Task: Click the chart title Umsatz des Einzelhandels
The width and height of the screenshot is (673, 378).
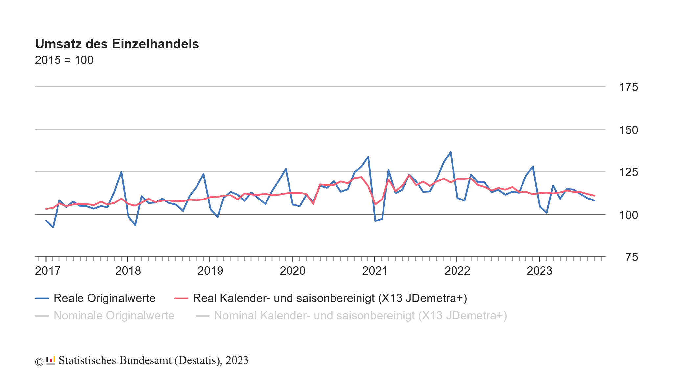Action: [117, 44]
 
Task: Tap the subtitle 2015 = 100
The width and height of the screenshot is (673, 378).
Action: [64, 60]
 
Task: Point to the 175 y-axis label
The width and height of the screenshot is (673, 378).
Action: [628, 87]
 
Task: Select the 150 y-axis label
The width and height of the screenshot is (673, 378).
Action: [628, 130]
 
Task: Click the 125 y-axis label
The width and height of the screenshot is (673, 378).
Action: [628, 172]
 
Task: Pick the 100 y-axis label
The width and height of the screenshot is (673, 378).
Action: [628, 215]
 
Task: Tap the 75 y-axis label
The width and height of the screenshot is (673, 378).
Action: [631, 257]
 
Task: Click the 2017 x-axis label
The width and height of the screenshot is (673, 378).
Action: [48, 271]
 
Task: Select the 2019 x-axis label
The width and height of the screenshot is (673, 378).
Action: [210, 271]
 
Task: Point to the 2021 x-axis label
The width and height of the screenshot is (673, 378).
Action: [375, 271]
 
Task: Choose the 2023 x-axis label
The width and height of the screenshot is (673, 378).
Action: [540, 271]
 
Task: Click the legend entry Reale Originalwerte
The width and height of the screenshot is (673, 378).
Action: [104, 298]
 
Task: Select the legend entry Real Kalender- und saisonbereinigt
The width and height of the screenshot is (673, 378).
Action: [330, 298]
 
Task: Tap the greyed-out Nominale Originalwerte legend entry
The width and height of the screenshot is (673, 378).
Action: [114, 316]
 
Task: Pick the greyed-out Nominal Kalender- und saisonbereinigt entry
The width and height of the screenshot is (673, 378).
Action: [360, 316]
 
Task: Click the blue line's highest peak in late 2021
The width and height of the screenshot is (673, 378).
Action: [451, 152]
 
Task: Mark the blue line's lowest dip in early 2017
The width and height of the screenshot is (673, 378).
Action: [53, 227]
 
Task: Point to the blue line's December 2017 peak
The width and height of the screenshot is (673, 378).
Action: [121, 172]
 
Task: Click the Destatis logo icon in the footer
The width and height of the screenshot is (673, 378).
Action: [51, 361]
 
